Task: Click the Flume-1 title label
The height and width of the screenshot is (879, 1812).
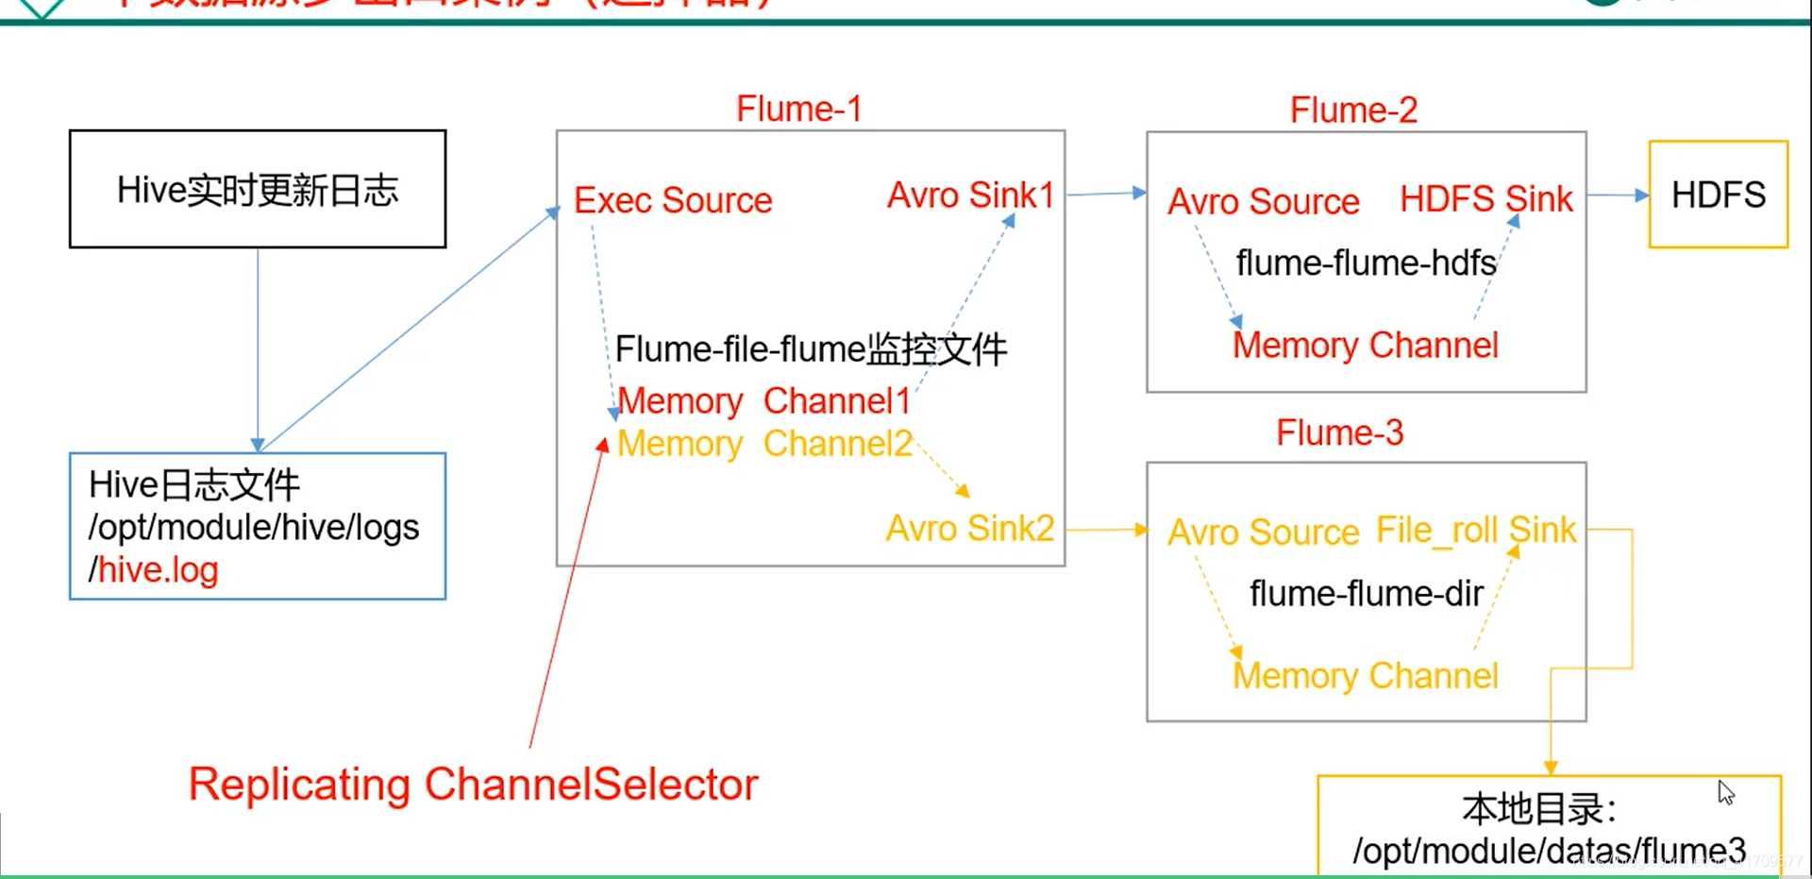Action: click(798, 110)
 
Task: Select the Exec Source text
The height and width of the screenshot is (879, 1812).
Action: click(673, 201)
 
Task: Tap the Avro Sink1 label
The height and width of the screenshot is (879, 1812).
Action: click(970, 195)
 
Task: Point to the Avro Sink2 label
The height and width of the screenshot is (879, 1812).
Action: click(969, 529)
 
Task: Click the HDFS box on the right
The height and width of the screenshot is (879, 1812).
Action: click(1718, 195)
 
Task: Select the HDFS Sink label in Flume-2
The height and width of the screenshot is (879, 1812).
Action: click(1485, 199)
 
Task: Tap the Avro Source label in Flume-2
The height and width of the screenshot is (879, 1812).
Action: click(1263, 202)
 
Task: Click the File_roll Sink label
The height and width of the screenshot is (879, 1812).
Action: click(1475, 531)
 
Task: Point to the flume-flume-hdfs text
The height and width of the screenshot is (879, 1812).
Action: click(1366, 263)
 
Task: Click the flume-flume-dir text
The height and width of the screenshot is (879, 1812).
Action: click(1366, 594)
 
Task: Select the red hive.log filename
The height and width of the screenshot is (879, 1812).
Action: click(159, 570)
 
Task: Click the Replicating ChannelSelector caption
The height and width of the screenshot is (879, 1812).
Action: click(473, 785)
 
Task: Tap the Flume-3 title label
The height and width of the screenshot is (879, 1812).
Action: click(1339, 433)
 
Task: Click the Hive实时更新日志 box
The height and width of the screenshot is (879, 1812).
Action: click(258, 190)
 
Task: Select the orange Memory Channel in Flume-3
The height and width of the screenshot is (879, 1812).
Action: click(1365, 676)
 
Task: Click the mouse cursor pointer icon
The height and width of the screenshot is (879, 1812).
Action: click(1726, 792)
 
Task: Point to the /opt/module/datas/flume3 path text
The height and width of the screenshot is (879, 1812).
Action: click(1549, 851)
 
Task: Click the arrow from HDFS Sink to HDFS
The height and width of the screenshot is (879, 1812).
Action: click(1618, 195)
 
